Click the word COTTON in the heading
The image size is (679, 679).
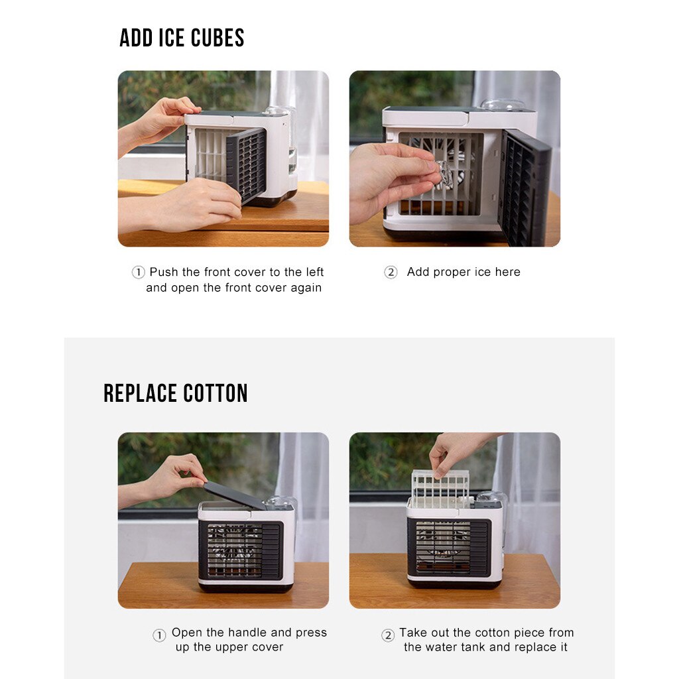[215, 393]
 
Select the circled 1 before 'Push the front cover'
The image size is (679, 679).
[138, 273]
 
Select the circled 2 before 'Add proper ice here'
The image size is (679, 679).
[391, 273]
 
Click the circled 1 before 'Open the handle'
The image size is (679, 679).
[159, 635]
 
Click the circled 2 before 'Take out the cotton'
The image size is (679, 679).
[388, 635]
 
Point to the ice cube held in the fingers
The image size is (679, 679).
[444, 174]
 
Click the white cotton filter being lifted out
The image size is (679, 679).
[440, 487]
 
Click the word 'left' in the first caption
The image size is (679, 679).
[313, 272]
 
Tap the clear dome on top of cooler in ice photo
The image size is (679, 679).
[503, 105]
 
